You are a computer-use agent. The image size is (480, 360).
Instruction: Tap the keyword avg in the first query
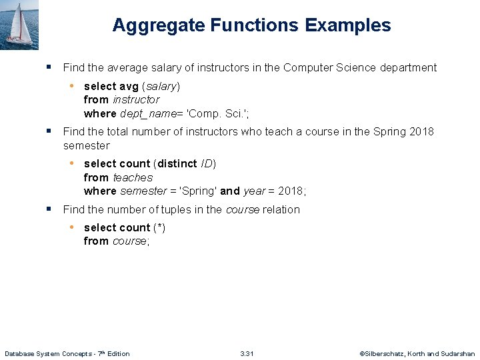(128, 86)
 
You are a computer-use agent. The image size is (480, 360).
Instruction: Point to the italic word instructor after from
(136, 99)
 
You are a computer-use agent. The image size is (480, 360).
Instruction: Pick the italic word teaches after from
(133, 177)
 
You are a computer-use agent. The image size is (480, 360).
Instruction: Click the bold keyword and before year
(229, 191)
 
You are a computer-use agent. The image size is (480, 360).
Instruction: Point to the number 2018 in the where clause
(290, 191)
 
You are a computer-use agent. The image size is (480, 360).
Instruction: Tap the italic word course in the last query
(129, 241)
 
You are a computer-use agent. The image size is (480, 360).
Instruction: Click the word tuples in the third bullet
(192, 209)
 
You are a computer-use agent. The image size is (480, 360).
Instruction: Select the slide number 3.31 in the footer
(247, 353)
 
